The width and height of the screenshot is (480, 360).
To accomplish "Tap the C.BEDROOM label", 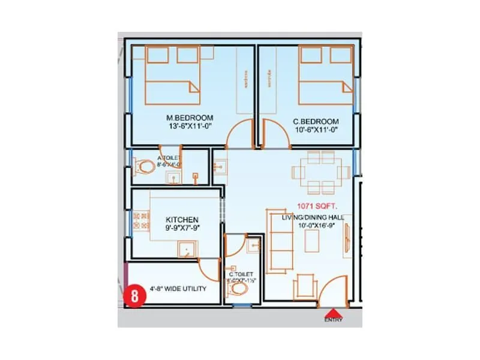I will (316, 121).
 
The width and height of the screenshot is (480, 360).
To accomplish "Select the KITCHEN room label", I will (182, 220).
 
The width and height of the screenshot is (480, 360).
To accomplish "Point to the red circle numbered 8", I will (134, 296).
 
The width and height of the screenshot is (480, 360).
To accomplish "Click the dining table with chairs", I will (320, 172).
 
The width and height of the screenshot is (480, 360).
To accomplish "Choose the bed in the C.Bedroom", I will (325, 75).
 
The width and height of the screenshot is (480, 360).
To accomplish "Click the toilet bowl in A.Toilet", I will (145, 166).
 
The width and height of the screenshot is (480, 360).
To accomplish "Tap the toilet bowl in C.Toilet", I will (239, 290).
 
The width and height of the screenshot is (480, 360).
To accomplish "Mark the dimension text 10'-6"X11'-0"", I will (316, 130).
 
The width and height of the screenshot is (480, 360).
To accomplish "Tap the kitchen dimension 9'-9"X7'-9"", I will (182, 229).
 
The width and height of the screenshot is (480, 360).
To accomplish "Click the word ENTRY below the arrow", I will (334, 320).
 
